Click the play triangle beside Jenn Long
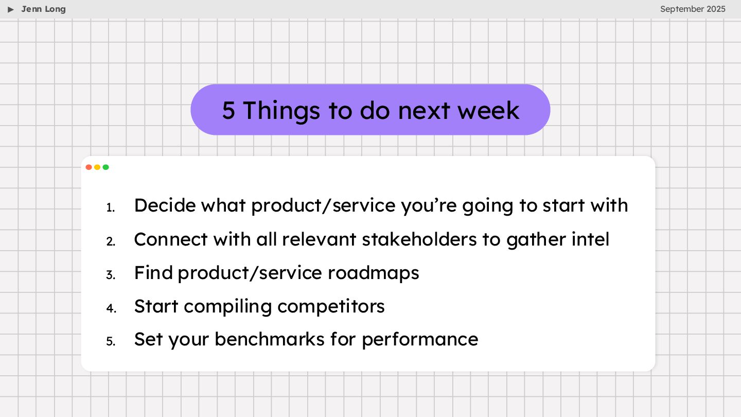(x=11, y=9)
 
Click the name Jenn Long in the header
(x=43, y=9)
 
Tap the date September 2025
(x=693, y=9)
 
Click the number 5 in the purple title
(x=228, y=110)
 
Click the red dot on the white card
(x=89, y=167)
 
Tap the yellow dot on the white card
(x=97, y=167)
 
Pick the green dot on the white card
(x=106, y=167)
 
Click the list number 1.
(x=111, y=208)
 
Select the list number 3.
(x=111, y=275)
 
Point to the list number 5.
(x=111, y=341)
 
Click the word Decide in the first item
(x=165, y=205)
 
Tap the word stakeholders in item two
(x=419, y=239)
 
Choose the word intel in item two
(x=591, y=239)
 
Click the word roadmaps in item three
(x=373, y=274)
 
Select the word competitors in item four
(x=331, y=307)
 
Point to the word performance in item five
(x=420, y=340)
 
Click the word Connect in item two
(x=171, y=239)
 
